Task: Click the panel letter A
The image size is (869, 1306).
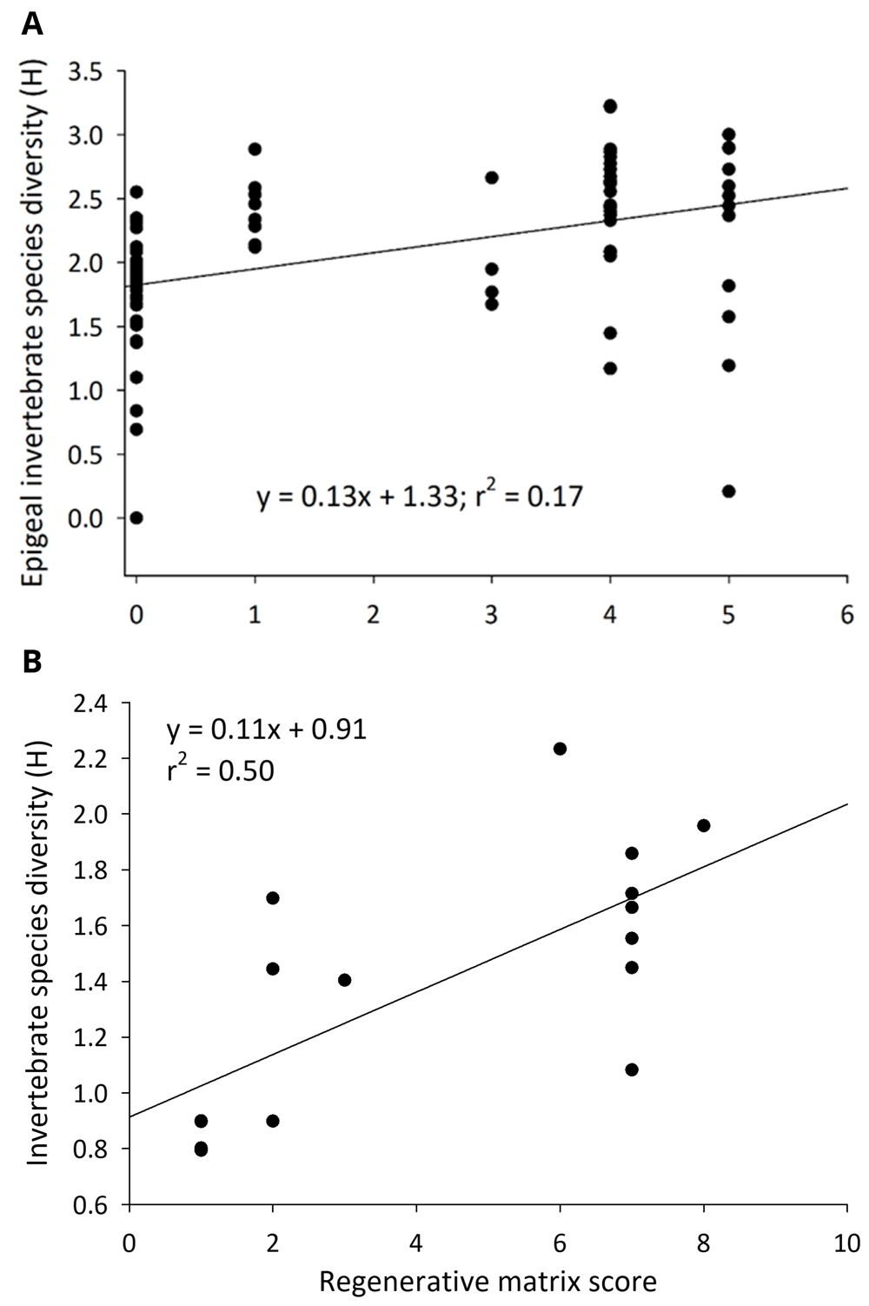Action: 31,23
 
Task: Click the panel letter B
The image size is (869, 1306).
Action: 31,662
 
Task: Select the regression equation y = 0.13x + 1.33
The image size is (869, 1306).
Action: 356,496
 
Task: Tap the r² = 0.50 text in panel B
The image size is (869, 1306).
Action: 220,770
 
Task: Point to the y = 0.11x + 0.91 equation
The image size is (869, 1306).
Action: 267,729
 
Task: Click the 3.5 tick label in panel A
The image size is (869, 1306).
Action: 85,72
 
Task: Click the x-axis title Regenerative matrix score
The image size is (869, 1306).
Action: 488,1281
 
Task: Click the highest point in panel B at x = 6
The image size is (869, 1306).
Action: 560,749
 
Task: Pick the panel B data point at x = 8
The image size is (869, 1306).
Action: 704,825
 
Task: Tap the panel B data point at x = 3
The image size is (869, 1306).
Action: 344,980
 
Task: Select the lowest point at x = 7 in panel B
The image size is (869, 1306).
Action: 632,1069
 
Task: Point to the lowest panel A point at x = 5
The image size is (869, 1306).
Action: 728,491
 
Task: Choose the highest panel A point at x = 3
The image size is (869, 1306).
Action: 492,177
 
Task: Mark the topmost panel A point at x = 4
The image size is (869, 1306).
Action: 610,106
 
